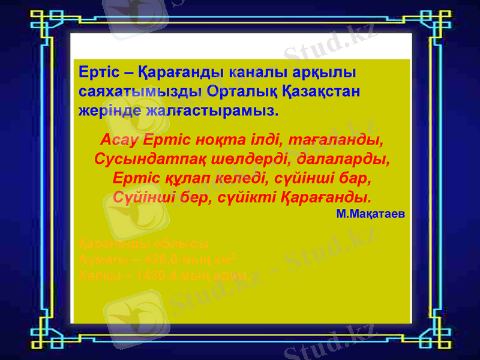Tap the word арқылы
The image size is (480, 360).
pos(325,73)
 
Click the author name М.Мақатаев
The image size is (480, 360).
pos(370,213)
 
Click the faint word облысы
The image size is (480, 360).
pos(180,245)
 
